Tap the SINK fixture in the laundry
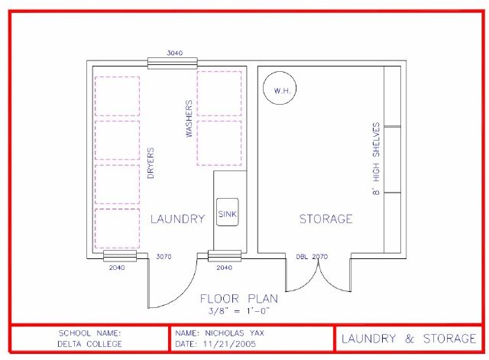point(228,212)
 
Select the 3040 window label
point(175,53)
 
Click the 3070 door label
point(164,257)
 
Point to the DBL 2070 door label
point(312,257)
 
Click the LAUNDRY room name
point(177,219)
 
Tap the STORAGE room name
point(326,219)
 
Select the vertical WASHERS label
point(189,118)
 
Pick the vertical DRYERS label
point(151,163)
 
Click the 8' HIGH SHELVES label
point(376,159)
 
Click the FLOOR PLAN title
point(239,299)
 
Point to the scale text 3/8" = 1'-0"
point(239,311)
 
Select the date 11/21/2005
point(229,344)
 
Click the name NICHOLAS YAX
point(235,332)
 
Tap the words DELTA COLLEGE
point(89,344)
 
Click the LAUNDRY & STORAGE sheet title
point(409,339)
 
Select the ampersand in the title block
point(410,339)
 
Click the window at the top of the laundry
point(173,63)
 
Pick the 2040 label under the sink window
point(224,268)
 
